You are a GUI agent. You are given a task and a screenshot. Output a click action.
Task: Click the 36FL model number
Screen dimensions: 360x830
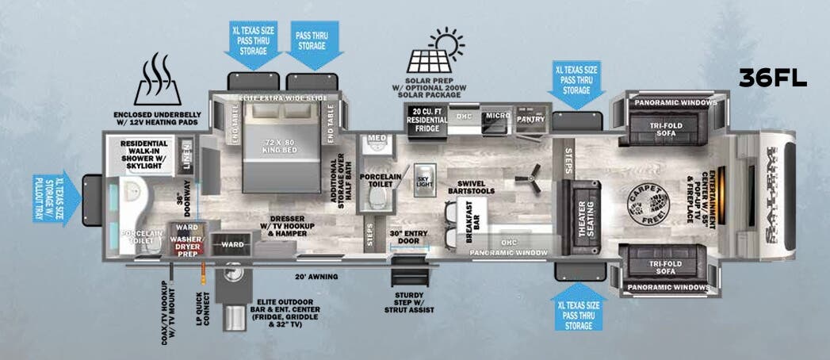772,78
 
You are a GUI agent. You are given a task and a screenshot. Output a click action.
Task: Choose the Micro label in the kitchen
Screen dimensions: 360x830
497,117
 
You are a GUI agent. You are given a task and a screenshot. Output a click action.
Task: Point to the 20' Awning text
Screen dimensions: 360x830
318,277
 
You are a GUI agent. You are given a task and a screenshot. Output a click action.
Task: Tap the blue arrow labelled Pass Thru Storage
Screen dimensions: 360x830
313,40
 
